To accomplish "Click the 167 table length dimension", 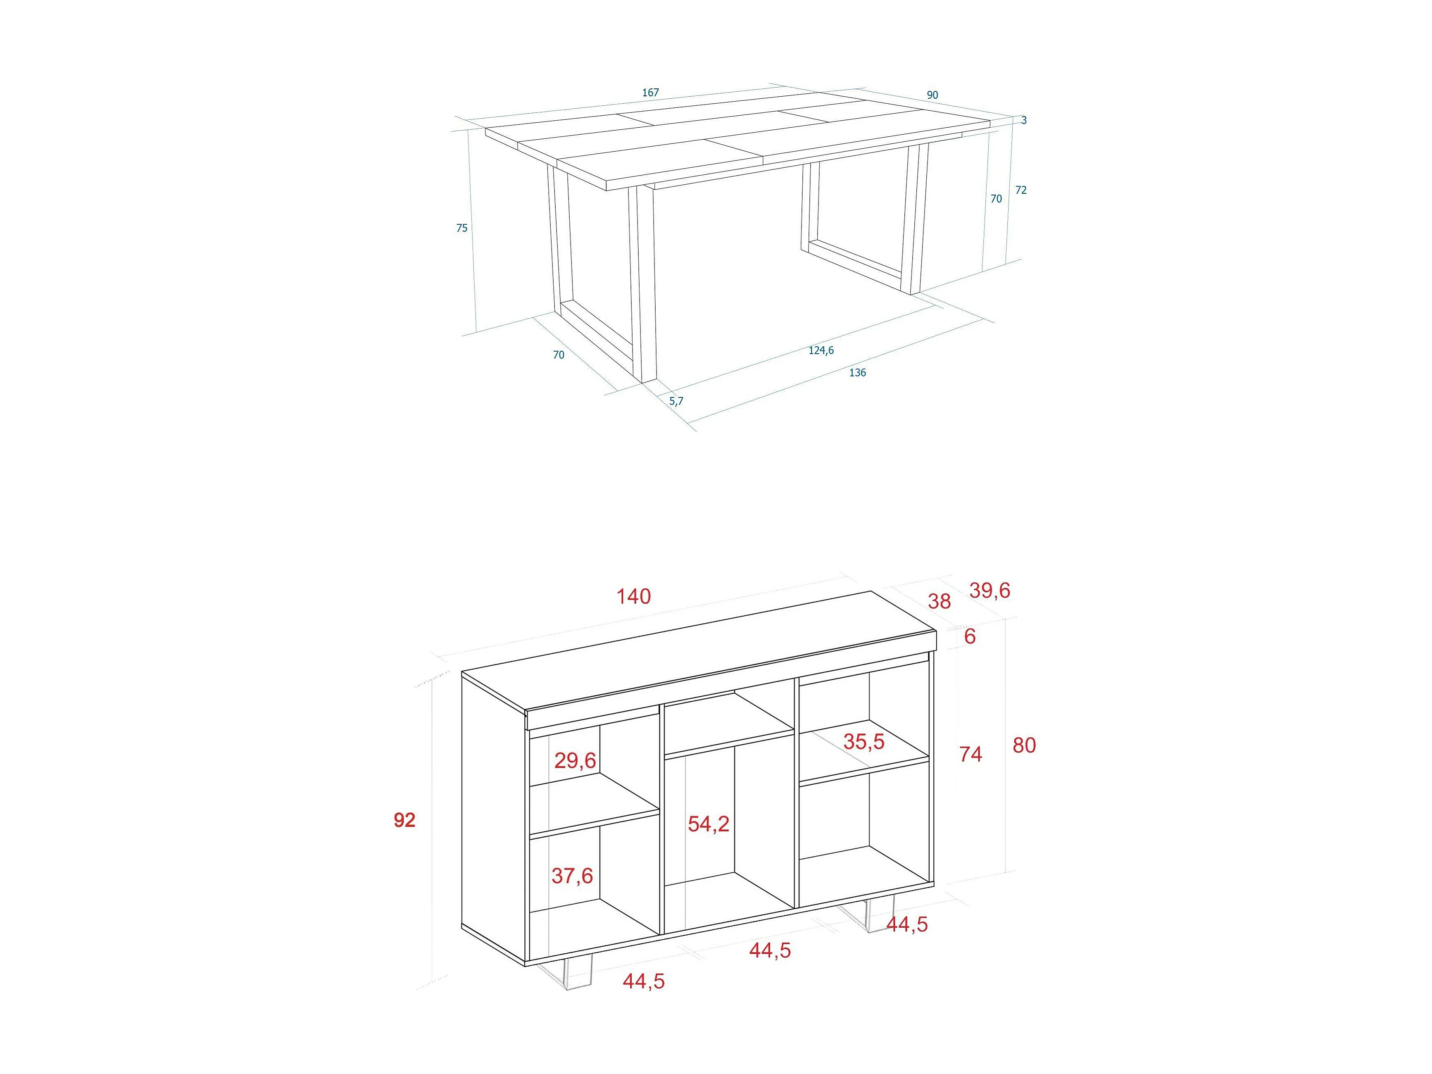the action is coord(651,93).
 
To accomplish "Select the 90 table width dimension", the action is coord(932,95).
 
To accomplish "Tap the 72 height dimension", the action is coord(1021,190).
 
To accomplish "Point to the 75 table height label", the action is coord(461,228).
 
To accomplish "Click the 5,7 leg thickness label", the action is coord(676,401).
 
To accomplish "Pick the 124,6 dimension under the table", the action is coord(821,350).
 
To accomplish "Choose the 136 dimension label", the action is coord(857,372).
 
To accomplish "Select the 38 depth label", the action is coord(940,601).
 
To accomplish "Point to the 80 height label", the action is coord(1024,745).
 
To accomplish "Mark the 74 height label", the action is coord(971,754).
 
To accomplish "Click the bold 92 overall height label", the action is coord(404,820).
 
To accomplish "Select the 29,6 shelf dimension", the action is coord(575,760).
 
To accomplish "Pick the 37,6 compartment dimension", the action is coord(572,876).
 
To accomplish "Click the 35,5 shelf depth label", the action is coord(863,741).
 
